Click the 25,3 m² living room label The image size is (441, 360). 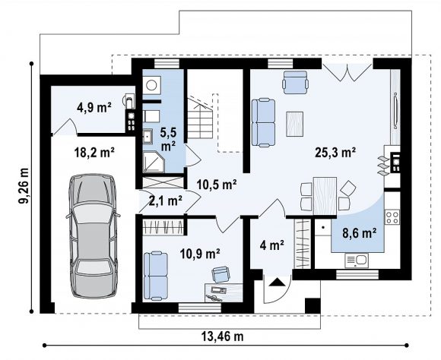335,153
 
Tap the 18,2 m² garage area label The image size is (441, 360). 94,153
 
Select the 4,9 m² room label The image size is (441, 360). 94,108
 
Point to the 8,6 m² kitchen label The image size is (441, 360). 360,233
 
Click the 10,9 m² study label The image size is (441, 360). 200,254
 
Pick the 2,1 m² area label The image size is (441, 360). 166,201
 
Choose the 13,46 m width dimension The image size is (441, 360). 222,336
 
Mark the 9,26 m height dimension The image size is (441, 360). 24,186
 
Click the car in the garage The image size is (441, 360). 93,235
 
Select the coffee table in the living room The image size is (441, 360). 294,124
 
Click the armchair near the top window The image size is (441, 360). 295,82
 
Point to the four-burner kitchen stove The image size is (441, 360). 392,217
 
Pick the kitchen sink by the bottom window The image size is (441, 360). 357,261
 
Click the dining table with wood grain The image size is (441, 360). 325,196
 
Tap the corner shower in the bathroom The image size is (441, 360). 154,162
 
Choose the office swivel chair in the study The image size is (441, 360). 221,273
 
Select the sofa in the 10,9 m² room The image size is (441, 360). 156,276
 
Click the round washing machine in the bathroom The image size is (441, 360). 152,85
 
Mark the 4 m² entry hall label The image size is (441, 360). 271,245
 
